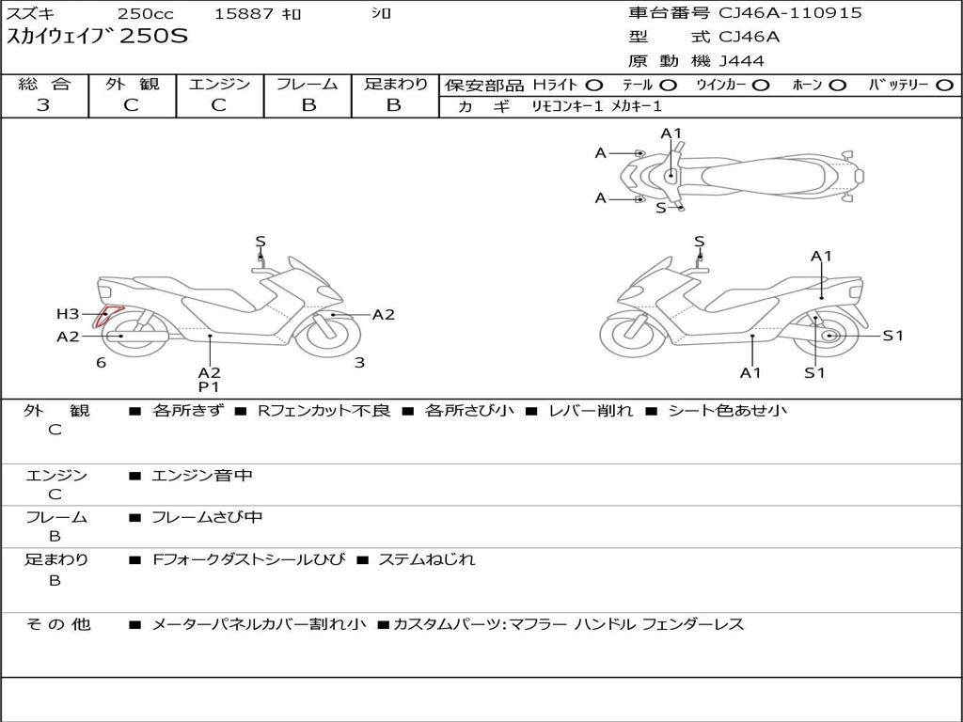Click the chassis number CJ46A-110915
[x=790, y=13]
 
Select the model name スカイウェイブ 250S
[x=98, y=38]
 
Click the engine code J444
[x=742, y=61]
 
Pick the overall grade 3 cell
[x=43, y=105]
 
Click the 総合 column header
[x=44, y=85]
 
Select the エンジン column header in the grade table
[x=219, y=85]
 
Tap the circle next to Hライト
[x=594, y=86]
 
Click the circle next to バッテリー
[x=944, y=86]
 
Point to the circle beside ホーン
[x=838, y=86]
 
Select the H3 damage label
[x=68, y=314]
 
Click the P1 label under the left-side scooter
[x=208, y=386]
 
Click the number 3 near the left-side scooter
[x=359, y=363]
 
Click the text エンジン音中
[x=202, y=476]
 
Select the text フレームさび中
[x=207, y=517]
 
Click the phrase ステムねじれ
[x=426, y=559]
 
